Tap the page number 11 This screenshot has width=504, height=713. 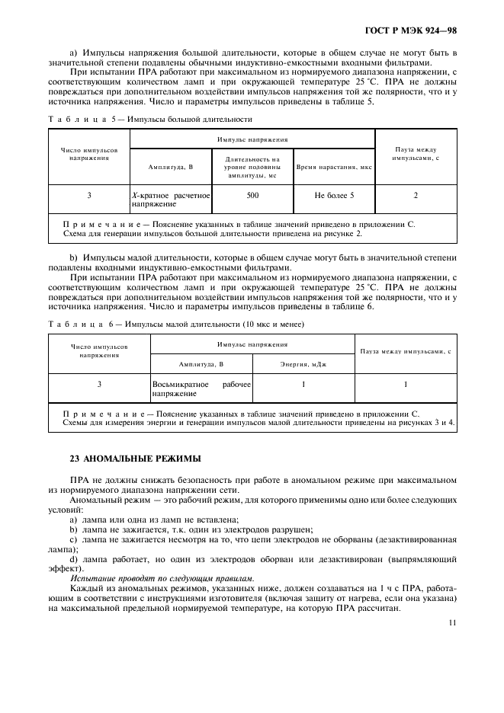pos(452,622)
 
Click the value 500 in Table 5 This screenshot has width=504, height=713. pos(252,196)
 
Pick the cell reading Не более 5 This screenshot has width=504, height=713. pos(334,196)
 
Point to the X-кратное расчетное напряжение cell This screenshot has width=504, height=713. pos(170,200)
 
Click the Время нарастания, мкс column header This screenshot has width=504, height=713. pos(334,166)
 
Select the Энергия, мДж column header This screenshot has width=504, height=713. pos(303,364)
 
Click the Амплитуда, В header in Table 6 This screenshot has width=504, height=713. pos(201,364)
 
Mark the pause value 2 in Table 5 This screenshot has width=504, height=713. pos(416,196)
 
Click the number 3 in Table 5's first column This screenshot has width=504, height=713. pos(89,196)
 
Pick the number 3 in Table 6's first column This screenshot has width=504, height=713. pos(99,385)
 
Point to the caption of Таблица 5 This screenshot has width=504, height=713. pos(149,120)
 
